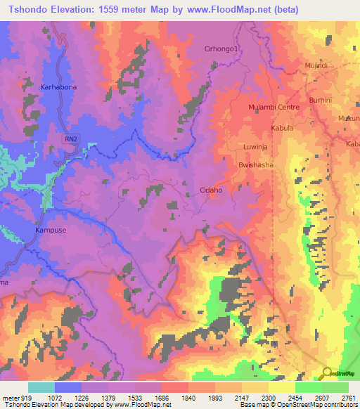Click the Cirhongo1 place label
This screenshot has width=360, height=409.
(221, 48)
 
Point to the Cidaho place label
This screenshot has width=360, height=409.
(211, 190)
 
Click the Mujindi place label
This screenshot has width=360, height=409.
(316, 65)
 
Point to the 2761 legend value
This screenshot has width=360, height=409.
(347, 397)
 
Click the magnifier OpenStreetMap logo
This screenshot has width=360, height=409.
(326, 373)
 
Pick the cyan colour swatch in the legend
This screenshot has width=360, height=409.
(41, 387)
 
